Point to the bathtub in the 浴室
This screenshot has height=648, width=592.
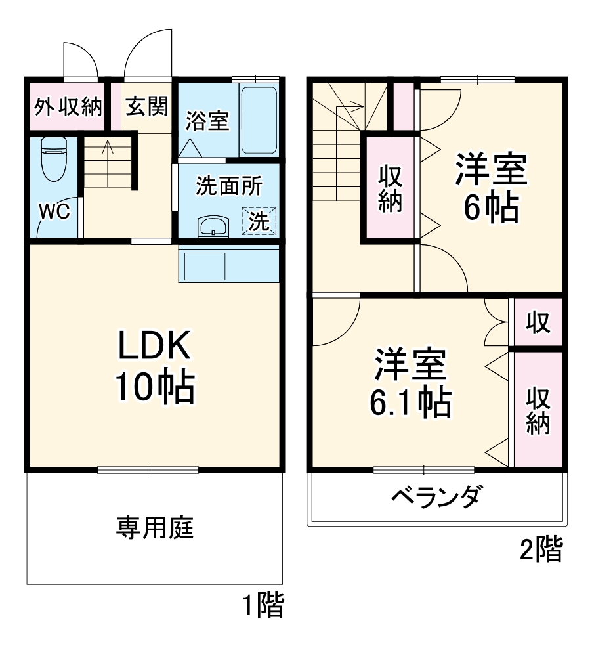click(259, 121)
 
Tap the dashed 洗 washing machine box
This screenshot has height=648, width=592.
click(259, 221)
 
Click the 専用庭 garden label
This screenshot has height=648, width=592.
click(156, 527)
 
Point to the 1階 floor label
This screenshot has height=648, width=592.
click(264, 605)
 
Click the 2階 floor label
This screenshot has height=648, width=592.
click(541, 550)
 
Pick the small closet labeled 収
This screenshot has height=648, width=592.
click(538, 322)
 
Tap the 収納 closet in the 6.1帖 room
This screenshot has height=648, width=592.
click(538, 411)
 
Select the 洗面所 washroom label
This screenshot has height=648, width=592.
click(229, 186)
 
